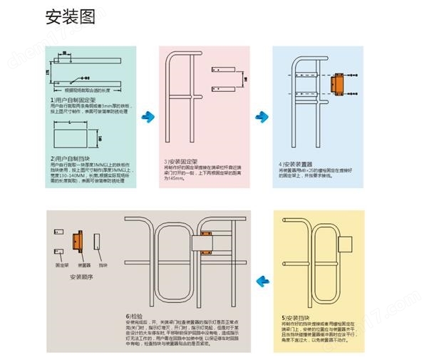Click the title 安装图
click(70, 17)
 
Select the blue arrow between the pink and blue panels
click(262, 115)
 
